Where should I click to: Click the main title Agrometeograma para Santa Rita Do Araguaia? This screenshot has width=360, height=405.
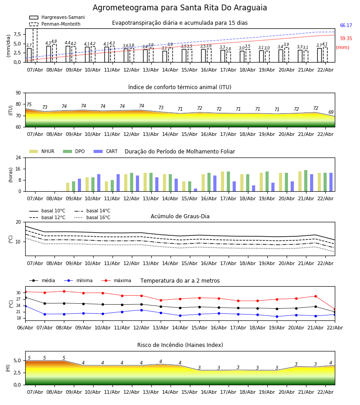tap(180, 8)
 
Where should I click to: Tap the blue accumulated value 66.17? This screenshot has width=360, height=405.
tap(346, 26)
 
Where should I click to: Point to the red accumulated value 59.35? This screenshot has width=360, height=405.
tap(346, 39)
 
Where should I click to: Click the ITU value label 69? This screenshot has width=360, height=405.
tap(331, 112)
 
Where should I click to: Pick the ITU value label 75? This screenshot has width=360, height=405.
tap(29, 105)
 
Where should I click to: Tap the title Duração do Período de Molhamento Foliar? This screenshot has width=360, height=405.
tap(180, 152)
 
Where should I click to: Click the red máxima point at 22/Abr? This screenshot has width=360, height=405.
tap(334, 310)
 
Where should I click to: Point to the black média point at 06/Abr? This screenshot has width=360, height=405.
tap(25, 297)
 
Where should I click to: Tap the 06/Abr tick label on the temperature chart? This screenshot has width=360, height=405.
tap(25, 327)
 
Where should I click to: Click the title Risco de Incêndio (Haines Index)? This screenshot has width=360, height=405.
tap(180, 345)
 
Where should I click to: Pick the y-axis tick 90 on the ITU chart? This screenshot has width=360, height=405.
tap(18, 93)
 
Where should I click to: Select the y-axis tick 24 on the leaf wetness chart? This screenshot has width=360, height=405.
tap(18, 157)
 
